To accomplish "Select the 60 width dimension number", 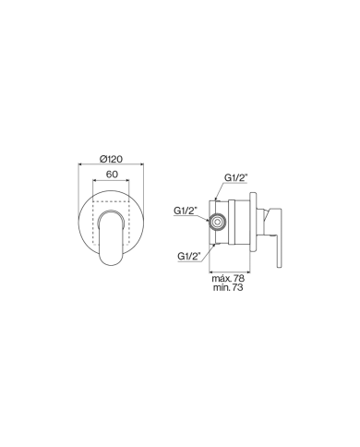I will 112,173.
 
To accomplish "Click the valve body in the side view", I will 235,222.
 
